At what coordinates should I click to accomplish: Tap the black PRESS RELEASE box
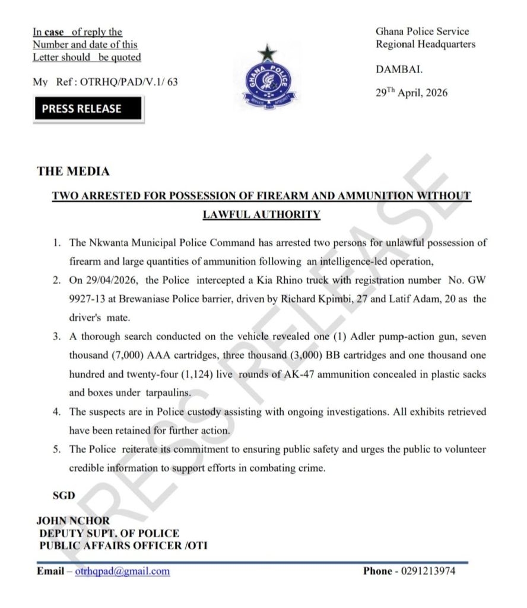(x=87, y=109)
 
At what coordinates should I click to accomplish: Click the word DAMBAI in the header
(x=399, y=69)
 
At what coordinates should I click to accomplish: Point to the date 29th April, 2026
(x=411, y=93)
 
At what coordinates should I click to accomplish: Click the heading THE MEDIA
(x=73, y=171)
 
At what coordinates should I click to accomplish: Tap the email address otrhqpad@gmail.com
(x=122, y=571)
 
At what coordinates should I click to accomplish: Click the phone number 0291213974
(x=426, y=571)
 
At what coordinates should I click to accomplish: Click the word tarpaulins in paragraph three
(x=169, y=393)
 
